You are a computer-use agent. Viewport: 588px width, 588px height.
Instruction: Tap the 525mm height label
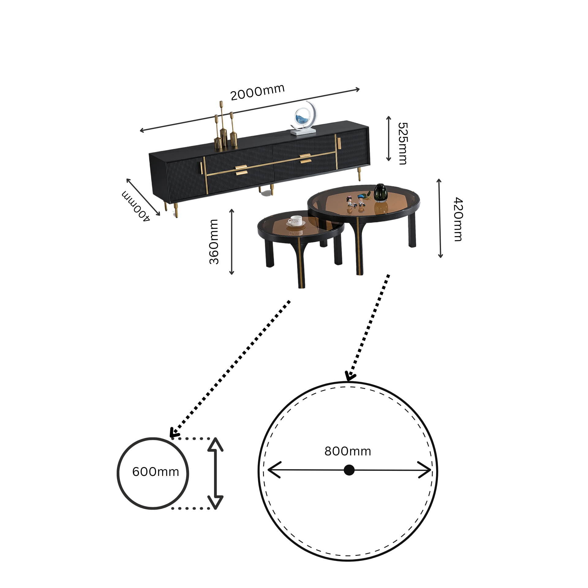click(403, 144)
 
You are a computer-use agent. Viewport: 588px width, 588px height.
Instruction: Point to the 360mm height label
click(214, 242)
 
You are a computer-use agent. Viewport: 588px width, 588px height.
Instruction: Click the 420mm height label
click(458, 219)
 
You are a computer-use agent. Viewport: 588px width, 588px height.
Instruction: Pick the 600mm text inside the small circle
click(156, 472)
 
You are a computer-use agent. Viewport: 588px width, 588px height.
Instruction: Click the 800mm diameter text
click(348, 451)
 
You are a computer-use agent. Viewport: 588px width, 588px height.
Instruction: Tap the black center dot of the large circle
click(349, 470)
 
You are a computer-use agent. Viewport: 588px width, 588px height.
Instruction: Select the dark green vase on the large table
click(381, 193)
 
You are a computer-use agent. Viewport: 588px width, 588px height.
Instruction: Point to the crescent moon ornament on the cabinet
click(304, 118)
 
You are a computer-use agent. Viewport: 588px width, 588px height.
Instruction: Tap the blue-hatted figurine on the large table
click(361, 200)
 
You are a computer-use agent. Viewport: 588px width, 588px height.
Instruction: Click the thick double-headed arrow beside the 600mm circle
click(216, 473)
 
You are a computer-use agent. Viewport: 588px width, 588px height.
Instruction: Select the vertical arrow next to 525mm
click(389, 139)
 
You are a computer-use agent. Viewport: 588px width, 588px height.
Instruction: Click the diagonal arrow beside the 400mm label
click(143, 197)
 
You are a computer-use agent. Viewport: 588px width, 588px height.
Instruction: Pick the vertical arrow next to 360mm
click(232, 242)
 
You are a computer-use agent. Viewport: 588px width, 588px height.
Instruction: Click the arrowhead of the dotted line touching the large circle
click(349, 376)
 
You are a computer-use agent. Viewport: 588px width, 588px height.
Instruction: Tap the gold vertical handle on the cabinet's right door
click(339, 143)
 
